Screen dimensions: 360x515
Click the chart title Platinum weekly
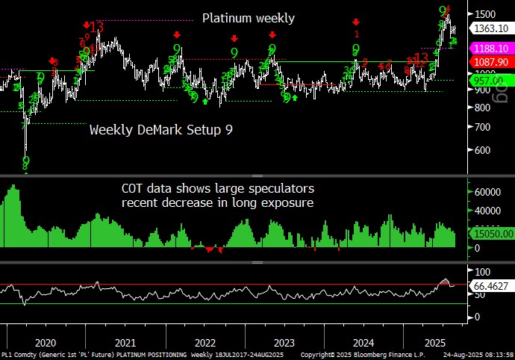[x=249, y=19]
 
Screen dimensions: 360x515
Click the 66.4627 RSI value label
[x=490, y=285]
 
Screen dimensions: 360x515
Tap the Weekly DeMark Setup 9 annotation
[x=160, y=130]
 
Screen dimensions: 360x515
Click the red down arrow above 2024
[x=356, y=22]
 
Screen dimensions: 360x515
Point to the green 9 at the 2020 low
[x=26, y=161]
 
